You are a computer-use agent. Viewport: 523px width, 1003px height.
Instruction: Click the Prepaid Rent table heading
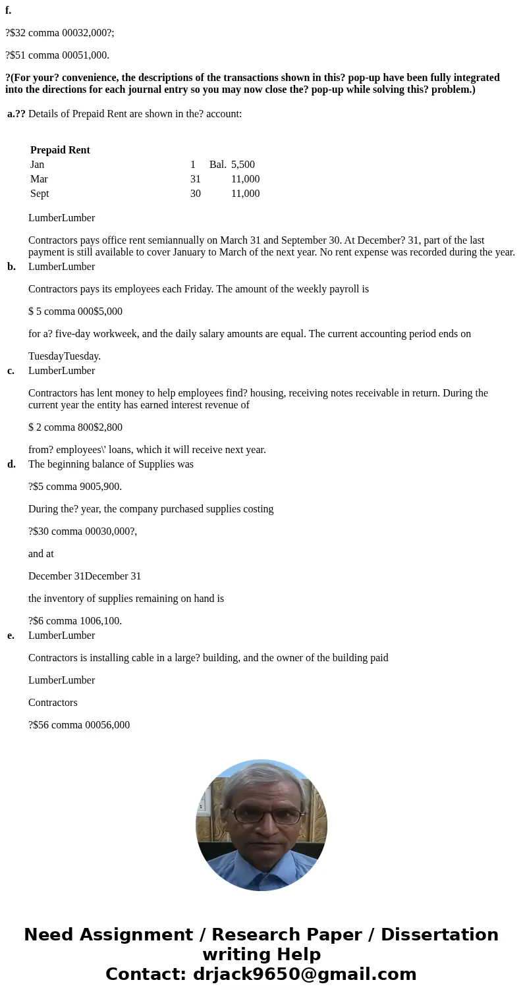coord(60,150)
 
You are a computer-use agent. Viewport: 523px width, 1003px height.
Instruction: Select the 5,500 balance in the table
coord(242,165)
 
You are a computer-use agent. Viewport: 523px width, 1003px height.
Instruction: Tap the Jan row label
coord(38,165)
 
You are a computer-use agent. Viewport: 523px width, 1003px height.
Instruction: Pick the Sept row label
coord(40,194)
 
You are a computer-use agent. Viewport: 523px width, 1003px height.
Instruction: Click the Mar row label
coord(39,179)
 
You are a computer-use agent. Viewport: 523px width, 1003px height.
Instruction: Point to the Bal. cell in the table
coord(217,165)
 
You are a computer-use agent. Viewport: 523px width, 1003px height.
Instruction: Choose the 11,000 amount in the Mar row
coord(245,179)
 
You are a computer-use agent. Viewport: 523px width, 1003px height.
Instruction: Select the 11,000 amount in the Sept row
coord(245,194)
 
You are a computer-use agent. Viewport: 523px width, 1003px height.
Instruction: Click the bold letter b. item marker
coord(11,267)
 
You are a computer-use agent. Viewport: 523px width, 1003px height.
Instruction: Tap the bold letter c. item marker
coord(11,371)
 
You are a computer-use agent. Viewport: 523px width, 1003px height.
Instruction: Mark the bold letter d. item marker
coord(11,464)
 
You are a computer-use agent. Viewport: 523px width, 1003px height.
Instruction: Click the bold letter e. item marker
coord(11,636)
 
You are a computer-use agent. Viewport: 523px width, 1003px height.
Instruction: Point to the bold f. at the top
coord(8,11)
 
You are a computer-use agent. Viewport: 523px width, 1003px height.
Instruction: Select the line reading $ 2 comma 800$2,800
coord(75,427)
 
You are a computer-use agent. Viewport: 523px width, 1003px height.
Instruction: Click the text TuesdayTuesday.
coord(65,356)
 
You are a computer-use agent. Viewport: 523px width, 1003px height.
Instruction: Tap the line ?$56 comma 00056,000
coord(79,725)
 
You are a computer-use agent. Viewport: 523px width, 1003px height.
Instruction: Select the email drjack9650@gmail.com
coord(304,974)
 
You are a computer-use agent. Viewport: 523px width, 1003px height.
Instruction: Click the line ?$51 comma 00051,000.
coord(57,55)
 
